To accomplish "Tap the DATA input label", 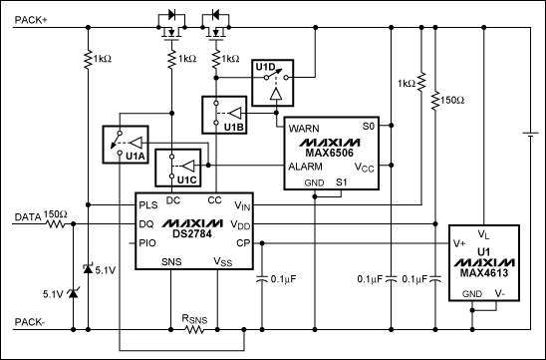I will tap(26, 216).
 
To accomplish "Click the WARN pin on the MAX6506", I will tap(303, 129).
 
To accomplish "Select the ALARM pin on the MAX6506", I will tap(305, 167).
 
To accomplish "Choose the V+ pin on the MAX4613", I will tap(461, 242).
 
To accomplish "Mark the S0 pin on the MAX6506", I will tap(368, 127).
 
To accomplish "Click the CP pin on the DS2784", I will tap(241, 241).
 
